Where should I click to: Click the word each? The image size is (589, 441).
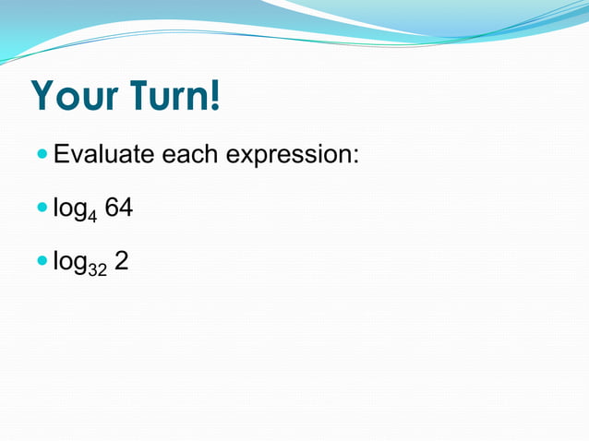click(191, 154)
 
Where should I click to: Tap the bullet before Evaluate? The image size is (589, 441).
click(42, 155)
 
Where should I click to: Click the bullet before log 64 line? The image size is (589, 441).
click(42, 209)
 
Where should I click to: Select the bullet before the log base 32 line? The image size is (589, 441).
click(42, 263)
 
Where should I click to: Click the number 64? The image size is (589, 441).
click(119, 209)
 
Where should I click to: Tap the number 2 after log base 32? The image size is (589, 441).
click(121, 263)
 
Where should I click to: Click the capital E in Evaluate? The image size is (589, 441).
click(62, 154)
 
